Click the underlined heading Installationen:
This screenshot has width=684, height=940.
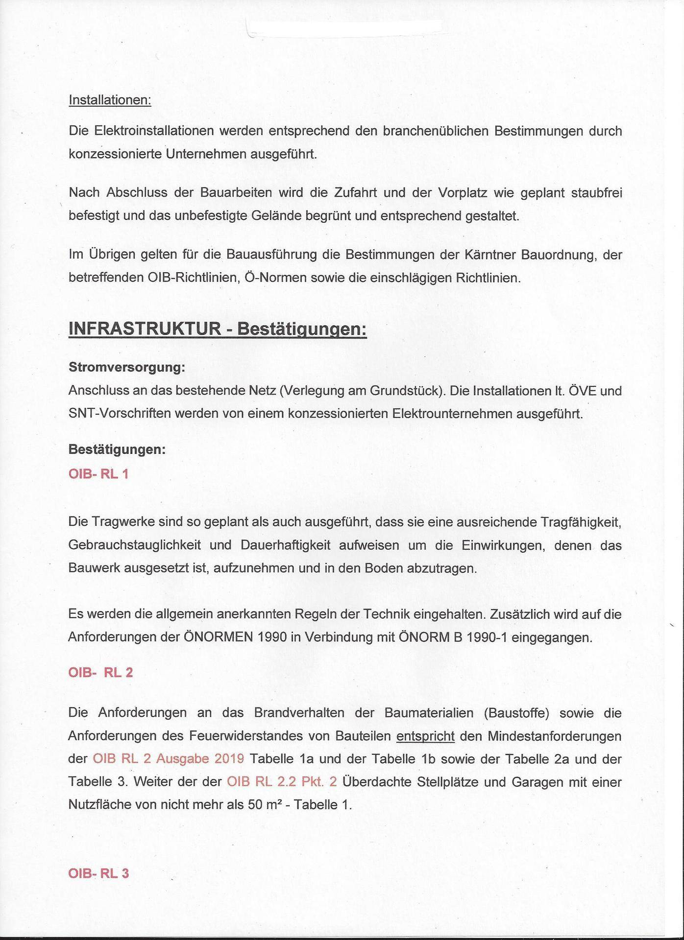pos(110,100)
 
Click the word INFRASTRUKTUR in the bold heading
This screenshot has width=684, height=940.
pos(145,329)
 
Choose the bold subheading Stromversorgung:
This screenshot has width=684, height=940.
pos(127,367)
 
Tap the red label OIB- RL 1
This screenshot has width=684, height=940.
pos(98,474)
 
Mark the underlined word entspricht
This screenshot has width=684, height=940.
pos(425,736)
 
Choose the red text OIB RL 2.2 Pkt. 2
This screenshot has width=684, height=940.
pos(282,782)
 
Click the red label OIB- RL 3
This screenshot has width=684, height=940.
pos(98,873)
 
